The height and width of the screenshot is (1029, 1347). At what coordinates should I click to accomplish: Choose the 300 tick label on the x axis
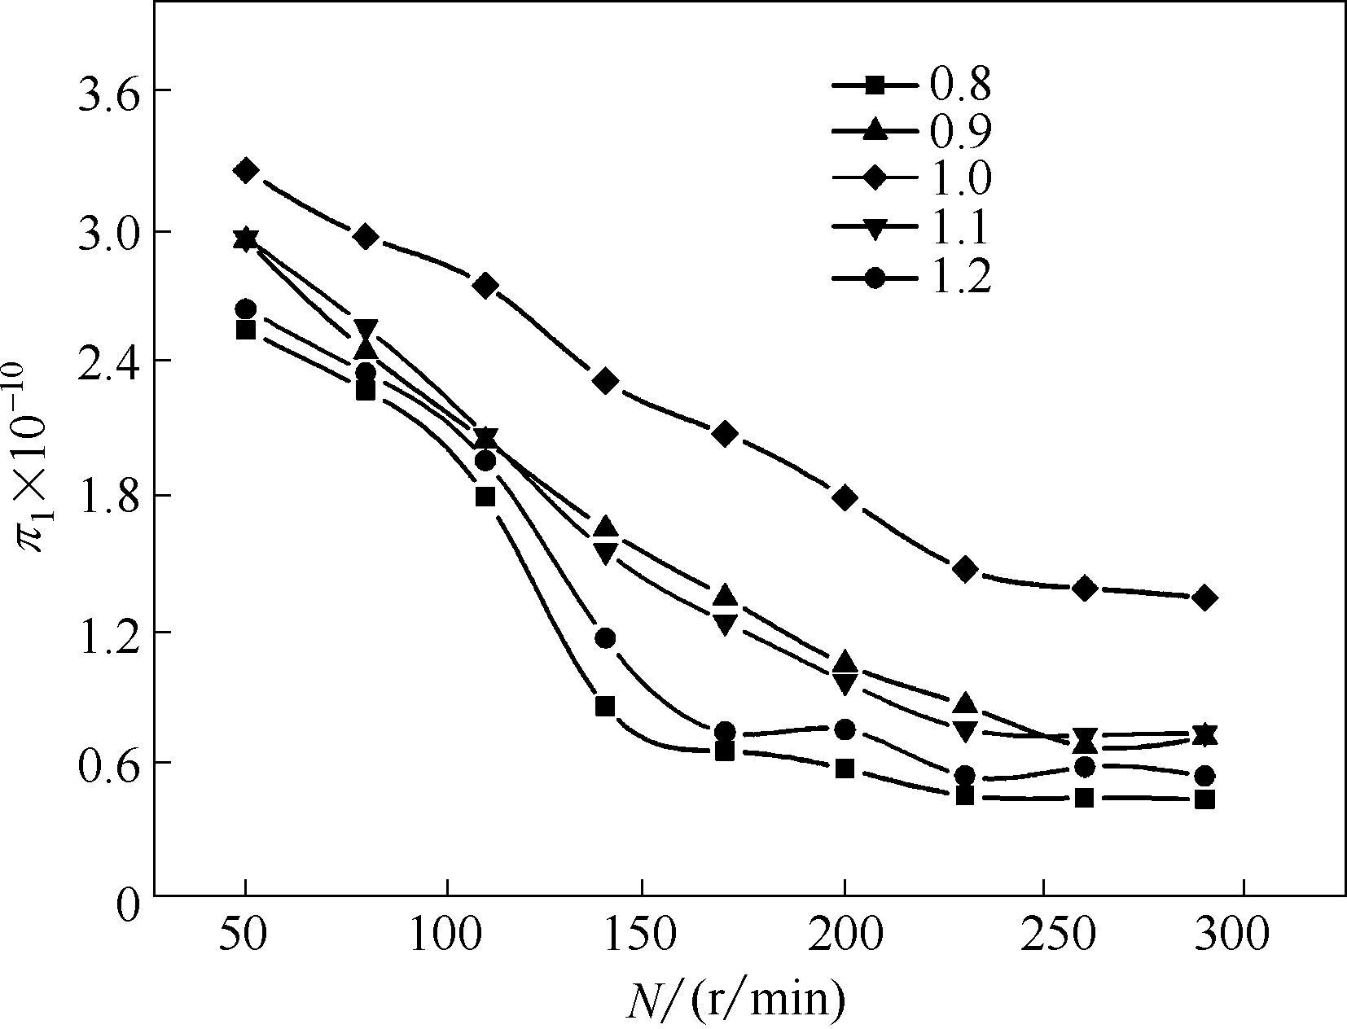point(1241,937)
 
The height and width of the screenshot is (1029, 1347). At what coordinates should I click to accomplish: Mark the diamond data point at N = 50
point(246,170)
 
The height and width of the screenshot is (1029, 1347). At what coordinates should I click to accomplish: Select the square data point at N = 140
point(604,705)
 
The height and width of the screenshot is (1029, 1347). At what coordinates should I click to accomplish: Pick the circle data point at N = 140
point(605,637)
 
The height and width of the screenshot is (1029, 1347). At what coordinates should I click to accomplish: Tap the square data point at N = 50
point(246,329)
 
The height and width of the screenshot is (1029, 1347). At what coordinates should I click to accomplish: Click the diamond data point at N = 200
point(845,497)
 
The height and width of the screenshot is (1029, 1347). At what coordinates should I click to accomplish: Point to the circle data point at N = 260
point(1084,766)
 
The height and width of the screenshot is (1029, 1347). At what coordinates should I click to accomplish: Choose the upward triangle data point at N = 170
point(725,595)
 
